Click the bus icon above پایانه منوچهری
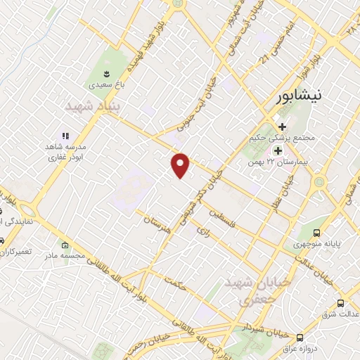[x=316, y=233]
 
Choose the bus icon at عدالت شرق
[x=341, y=304]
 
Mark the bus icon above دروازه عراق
[x=300, y=337]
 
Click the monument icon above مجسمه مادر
[x=65, y=245]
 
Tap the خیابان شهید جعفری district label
[x=246, y=290]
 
